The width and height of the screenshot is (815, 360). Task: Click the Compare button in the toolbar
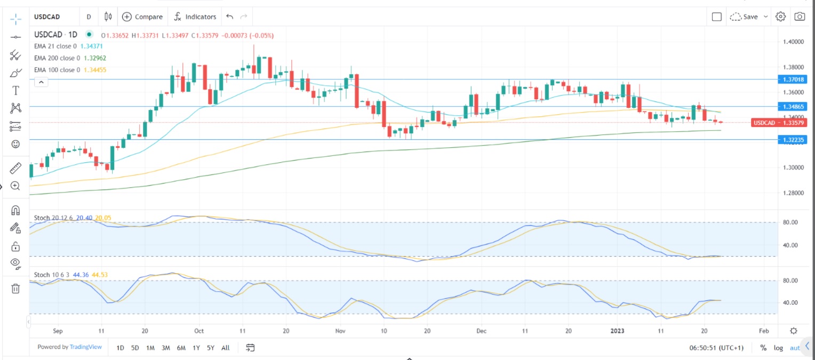tap(142, 17)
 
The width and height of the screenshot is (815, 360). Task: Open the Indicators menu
tap(195, 17)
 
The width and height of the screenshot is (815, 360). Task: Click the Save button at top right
tap(749, 17)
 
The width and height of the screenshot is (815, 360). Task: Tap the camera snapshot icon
tap(799, 17)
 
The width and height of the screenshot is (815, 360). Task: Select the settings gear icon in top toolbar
tap(780, 17)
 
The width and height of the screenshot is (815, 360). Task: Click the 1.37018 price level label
tap(794, 79)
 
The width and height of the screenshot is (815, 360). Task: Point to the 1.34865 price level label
tap(794, 107)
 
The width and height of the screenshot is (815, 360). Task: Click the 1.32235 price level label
tap(794, 140)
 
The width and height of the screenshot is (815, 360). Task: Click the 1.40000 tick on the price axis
tap(794, 42)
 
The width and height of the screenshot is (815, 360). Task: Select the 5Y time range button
tap(211, 348)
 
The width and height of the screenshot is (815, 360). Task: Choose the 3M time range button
tap(165, 348)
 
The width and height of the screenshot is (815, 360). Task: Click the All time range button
tap(225, 348)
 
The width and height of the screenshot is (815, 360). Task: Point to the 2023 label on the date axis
tap(618, 331)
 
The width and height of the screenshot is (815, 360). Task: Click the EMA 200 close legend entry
tap(57, 58)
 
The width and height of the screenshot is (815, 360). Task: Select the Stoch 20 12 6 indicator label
tap(53, 218)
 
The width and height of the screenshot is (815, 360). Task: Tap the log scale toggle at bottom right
tap(779, 348)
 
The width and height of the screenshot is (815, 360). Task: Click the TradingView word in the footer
tap(86, 347)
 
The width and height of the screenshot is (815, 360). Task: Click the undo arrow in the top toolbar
tap(230, 17)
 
